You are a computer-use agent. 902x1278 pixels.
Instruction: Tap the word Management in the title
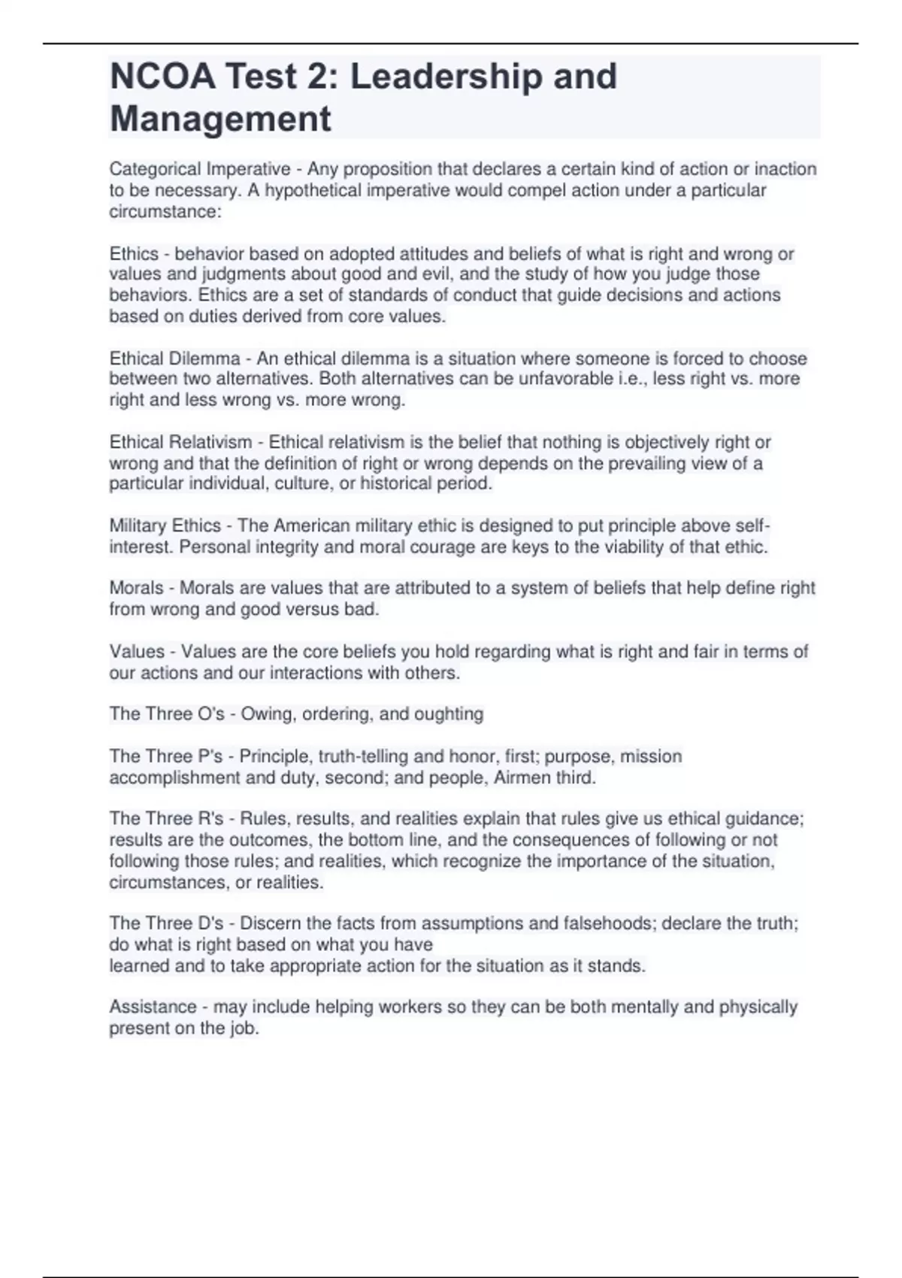pos(220,119)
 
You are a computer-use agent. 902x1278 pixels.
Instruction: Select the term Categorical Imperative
pos(200,169)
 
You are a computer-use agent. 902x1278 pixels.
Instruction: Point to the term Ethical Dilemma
pos(175,359)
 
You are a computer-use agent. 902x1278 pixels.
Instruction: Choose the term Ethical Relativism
pos(180,442)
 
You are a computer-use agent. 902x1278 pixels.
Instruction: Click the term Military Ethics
pos(165,525)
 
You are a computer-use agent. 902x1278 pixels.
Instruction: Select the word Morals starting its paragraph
pos(136,588)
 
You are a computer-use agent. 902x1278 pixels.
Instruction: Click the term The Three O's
pos(167,713)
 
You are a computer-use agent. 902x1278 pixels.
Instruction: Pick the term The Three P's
pos(166,756)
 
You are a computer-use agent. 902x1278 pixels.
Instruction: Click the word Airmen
pos(521,777)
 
